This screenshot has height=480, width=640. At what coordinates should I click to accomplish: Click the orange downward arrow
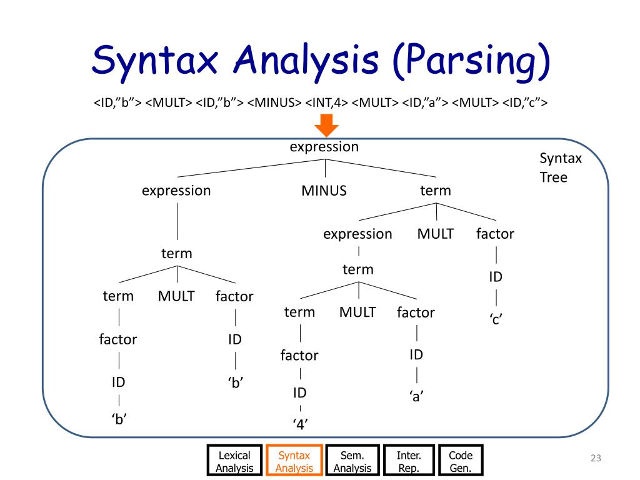326,129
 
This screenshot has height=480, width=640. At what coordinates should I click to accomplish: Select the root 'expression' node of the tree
324,147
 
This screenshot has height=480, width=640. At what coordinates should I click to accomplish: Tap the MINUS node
324,191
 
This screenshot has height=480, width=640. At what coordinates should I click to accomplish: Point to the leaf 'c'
496,319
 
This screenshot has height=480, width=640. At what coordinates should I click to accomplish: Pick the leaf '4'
301,425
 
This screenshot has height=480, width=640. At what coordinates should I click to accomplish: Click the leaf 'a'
416,396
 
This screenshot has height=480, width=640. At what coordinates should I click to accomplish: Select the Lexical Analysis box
234,461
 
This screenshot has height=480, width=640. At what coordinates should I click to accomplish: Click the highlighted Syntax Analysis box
294,461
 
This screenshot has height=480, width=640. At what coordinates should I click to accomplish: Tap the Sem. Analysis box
352,461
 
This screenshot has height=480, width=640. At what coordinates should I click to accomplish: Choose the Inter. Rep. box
409,461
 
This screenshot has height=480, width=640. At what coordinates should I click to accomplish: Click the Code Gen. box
461,461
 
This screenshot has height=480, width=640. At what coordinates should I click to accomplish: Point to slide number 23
595,460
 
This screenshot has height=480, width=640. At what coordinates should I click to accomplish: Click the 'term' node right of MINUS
435,191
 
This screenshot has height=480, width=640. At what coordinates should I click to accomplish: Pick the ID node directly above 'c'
496,277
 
